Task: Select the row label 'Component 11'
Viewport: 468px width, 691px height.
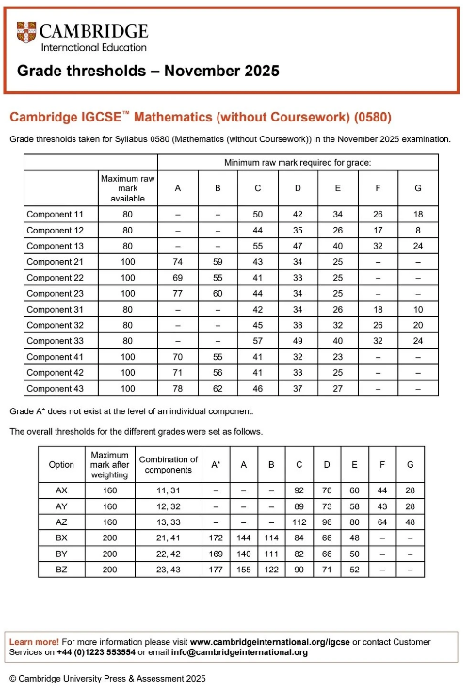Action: point(55,215)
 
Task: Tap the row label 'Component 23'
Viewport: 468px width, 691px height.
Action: point(55,294)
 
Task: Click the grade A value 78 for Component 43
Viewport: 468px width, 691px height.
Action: point(178,389)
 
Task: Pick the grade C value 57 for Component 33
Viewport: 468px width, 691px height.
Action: point(258,341)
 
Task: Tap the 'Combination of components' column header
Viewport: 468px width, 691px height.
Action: point(168,465)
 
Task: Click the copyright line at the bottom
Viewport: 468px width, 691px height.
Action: point(106,678)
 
